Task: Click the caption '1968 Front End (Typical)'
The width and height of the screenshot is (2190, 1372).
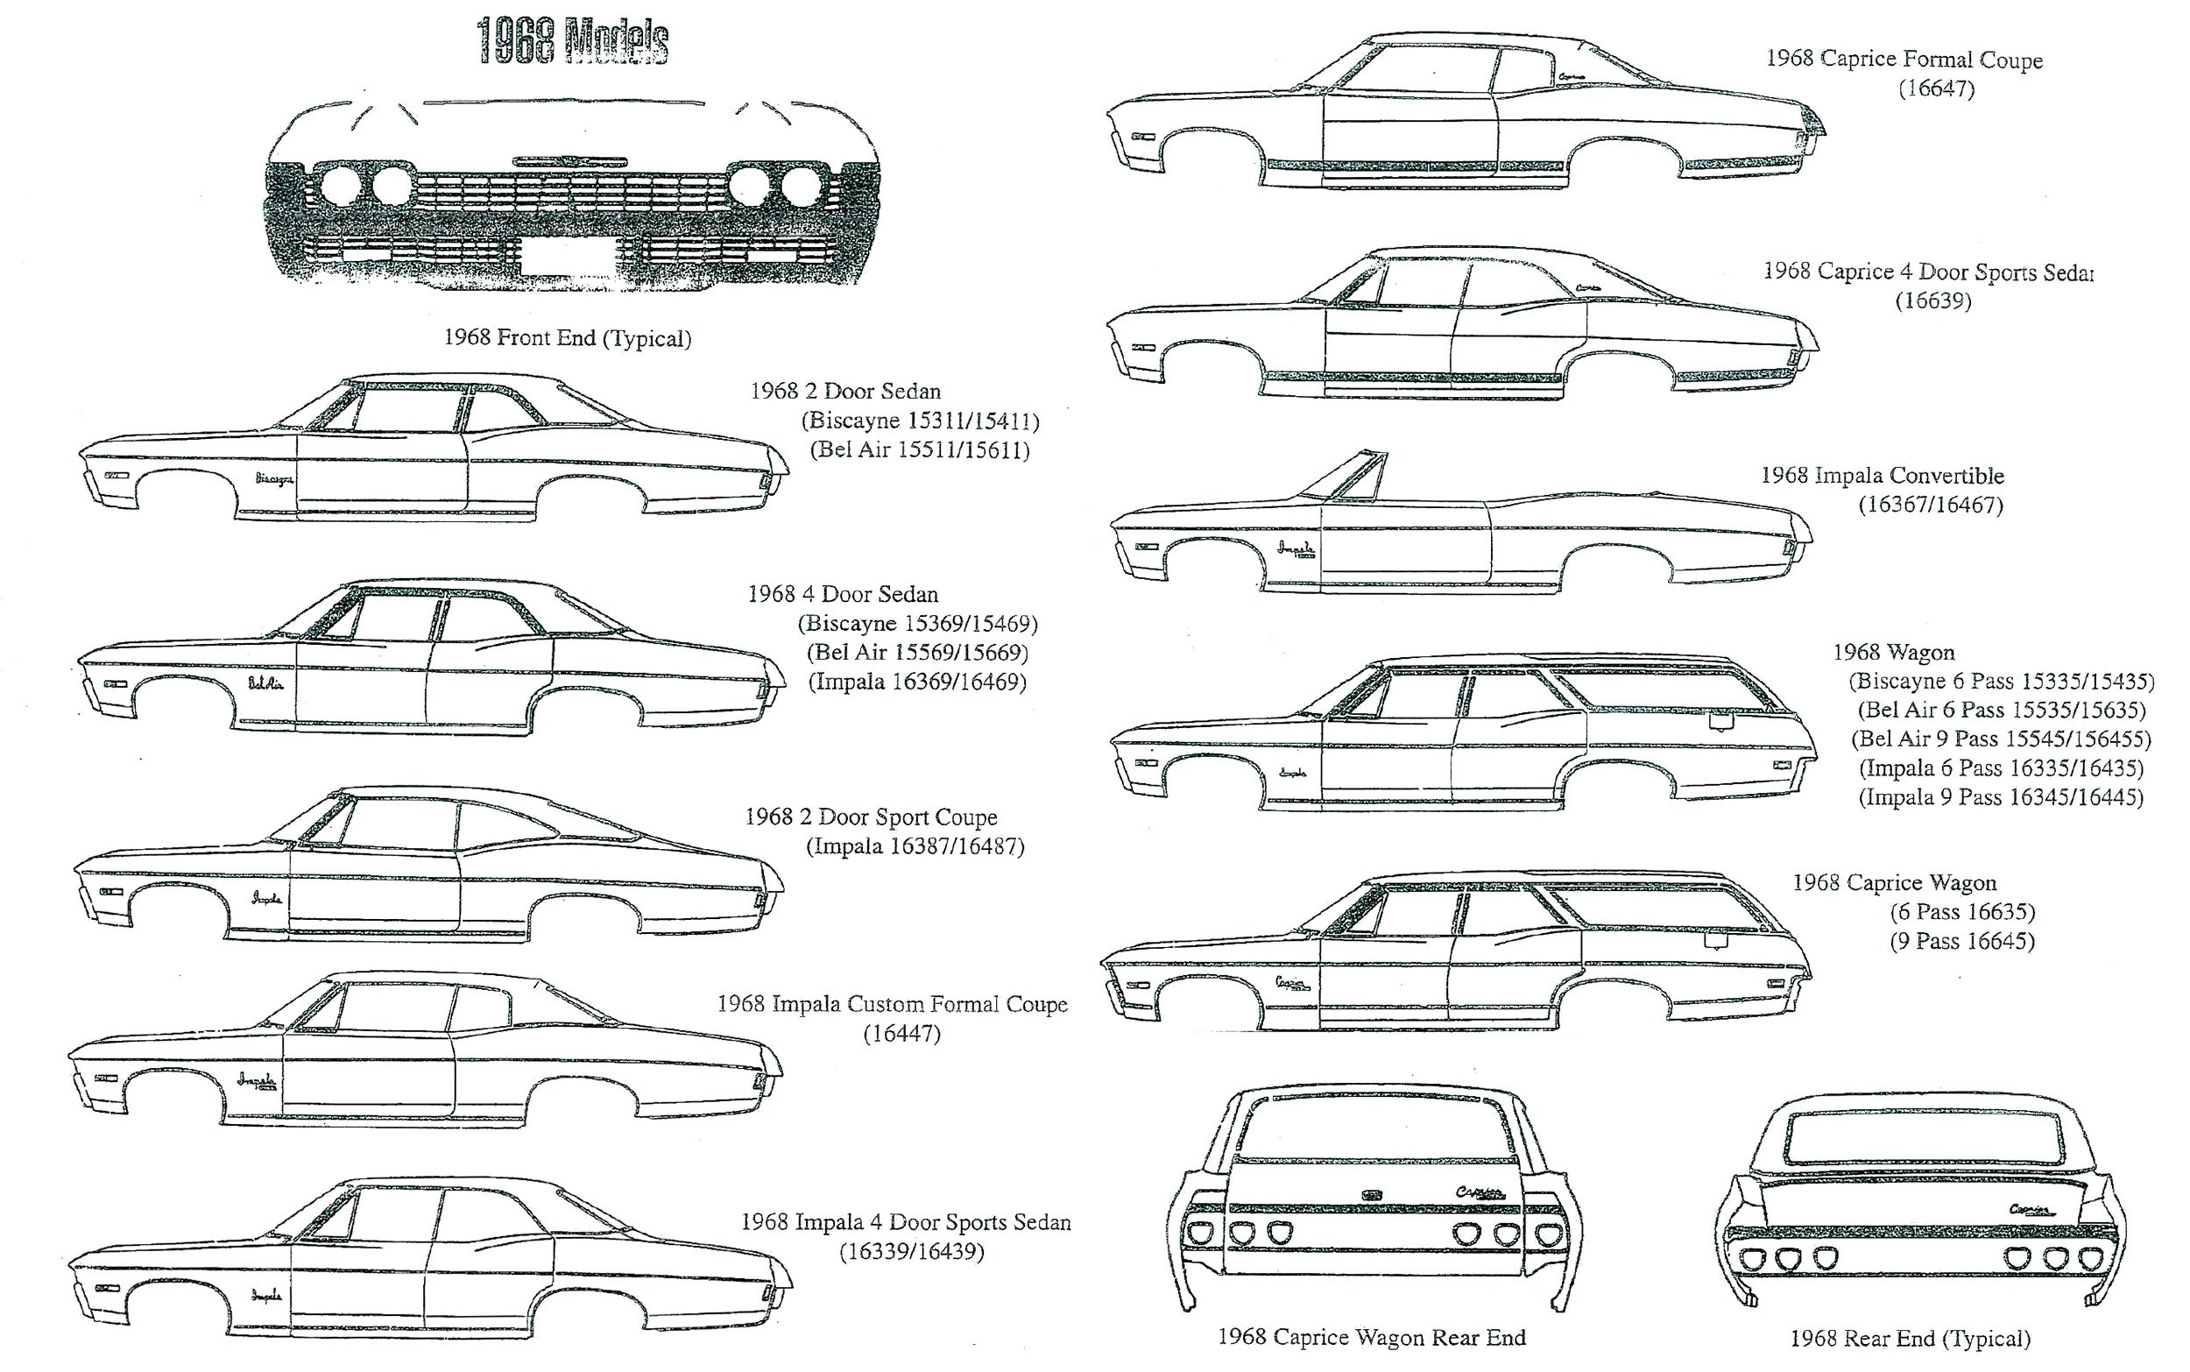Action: (567, 338)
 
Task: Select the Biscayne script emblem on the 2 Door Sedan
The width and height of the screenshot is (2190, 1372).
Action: (274, 479)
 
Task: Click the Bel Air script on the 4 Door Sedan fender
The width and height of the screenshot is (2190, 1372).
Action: (265, 683)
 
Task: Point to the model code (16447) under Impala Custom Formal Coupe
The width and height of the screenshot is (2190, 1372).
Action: (901, 1034)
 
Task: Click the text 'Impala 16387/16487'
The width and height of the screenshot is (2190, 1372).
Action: (915, 846)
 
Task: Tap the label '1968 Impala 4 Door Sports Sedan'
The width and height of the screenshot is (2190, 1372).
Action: (906, 1222)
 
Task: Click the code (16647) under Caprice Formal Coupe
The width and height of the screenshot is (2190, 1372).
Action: (1936, 89)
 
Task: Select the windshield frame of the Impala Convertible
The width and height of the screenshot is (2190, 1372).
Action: (1349, 476)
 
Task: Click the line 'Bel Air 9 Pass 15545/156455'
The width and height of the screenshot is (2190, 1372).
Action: (2001, 739)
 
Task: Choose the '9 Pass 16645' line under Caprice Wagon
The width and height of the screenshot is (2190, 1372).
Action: (1961, 942)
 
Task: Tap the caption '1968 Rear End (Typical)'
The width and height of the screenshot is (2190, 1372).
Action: (1910, 1339)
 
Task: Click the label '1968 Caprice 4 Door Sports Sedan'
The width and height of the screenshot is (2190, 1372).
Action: (1928, 272)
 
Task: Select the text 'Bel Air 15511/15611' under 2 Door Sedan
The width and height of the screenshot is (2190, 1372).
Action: (918, 450)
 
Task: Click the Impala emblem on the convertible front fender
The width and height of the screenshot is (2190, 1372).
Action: (1296, 550)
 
